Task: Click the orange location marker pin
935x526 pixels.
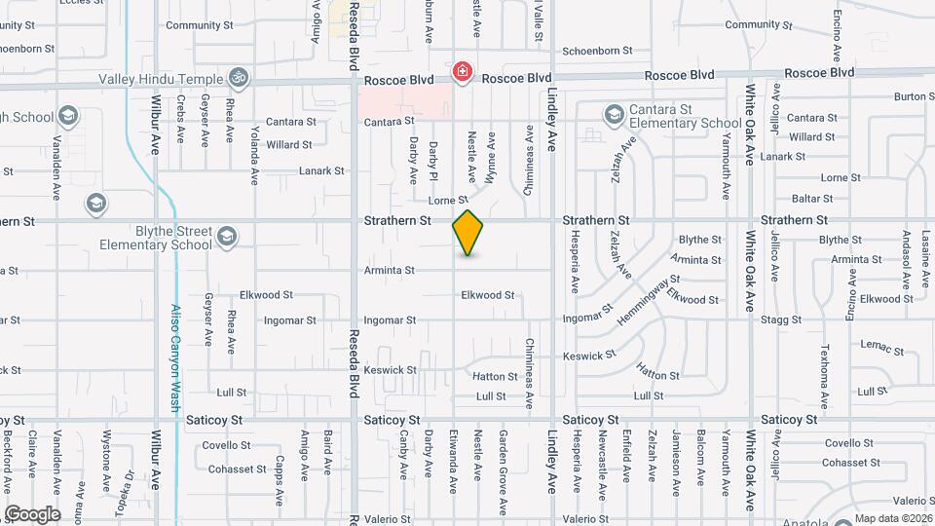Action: coord(468,233)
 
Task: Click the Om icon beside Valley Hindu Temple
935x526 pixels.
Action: coord(236,76)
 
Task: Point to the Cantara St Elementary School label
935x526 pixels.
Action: coord(684,117)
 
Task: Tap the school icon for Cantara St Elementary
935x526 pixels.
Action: coord(613,116)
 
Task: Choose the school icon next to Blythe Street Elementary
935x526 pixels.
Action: coord(226,237)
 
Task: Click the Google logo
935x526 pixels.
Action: coord(32,513)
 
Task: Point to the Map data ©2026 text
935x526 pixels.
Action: coord(893,518)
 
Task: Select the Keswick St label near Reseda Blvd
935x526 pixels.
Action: coord(390,370)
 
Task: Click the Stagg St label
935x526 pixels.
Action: coord(782,319)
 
